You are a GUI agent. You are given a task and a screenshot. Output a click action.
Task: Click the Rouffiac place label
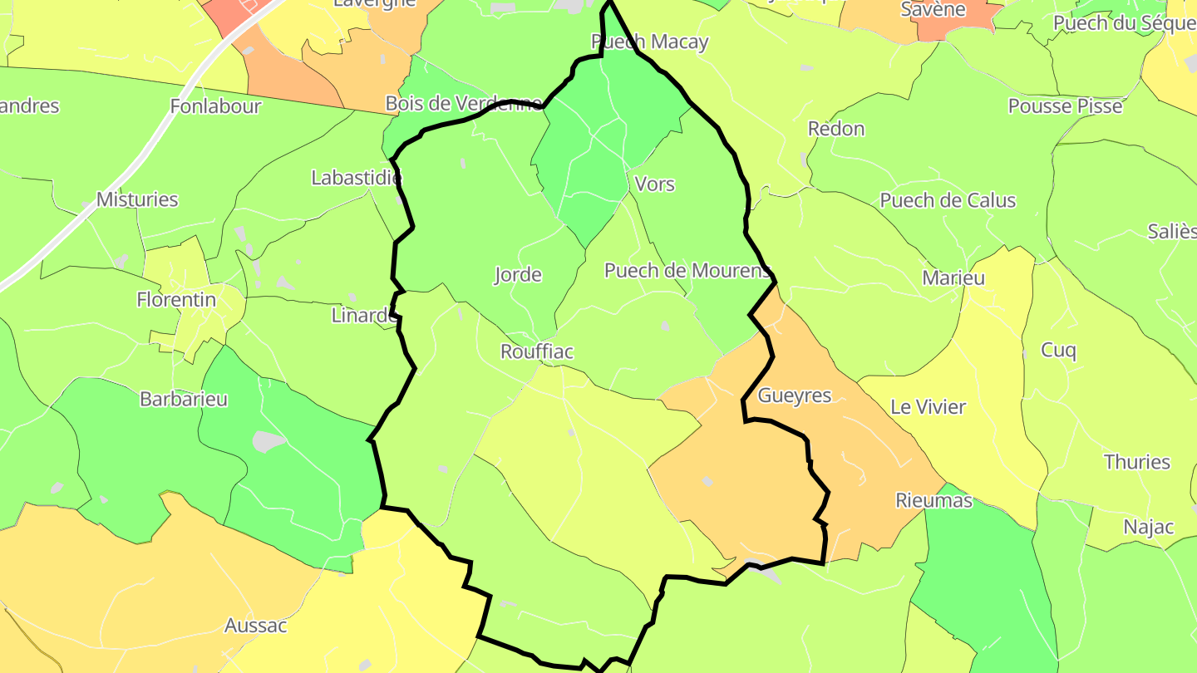coord(537,351)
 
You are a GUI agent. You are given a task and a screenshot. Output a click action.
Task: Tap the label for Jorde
coord(518,275)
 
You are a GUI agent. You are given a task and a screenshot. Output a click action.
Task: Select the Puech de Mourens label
coord(687,270)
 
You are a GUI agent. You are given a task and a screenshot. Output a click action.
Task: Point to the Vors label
coord(654,184)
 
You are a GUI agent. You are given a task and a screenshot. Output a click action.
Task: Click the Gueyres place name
coord(795,395)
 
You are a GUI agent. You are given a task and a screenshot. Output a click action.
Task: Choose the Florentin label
coord(176,300)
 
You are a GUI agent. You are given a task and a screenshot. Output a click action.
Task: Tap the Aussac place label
coord(256,626)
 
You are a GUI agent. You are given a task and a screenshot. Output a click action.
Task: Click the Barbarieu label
coord(184,399)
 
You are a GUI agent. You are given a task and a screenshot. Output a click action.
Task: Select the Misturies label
coord(137,199)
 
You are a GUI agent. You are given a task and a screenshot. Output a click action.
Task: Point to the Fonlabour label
coord(215,106)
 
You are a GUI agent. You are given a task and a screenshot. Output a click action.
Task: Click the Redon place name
coord(836,129)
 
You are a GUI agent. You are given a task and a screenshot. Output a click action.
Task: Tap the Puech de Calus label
coord(948,200)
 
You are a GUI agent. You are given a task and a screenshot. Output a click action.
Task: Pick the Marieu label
coord(953,278)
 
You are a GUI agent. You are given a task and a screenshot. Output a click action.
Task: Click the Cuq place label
coord(1058,351)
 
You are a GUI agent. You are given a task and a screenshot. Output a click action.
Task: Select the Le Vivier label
coord(928,407)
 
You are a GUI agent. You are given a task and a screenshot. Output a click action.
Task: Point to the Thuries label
coord(1136,462)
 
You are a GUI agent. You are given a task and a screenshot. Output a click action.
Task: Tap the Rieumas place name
coord(933,500)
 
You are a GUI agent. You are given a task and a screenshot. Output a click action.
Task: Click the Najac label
coord(1149,526)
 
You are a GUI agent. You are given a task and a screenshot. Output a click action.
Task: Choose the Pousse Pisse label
coord(1065,106)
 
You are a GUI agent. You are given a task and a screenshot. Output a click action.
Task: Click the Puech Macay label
coord(649,42)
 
